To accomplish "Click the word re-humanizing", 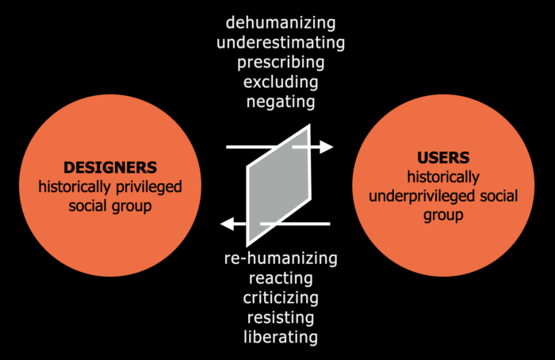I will click(281, 259).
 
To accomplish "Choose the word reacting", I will click(281, 278).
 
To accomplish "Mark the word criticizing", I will click(281, 298).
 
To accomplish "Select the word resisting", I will click(281, 318).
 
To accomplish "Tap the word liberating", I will click(281, 338).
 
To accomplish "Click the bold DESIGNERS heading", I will click(110, 167).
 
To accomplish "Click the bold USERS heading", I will click(444, 157).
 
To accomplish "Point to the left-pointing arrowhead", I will click(227, 224).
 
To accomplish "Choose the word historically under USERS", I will click(444, 176).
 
